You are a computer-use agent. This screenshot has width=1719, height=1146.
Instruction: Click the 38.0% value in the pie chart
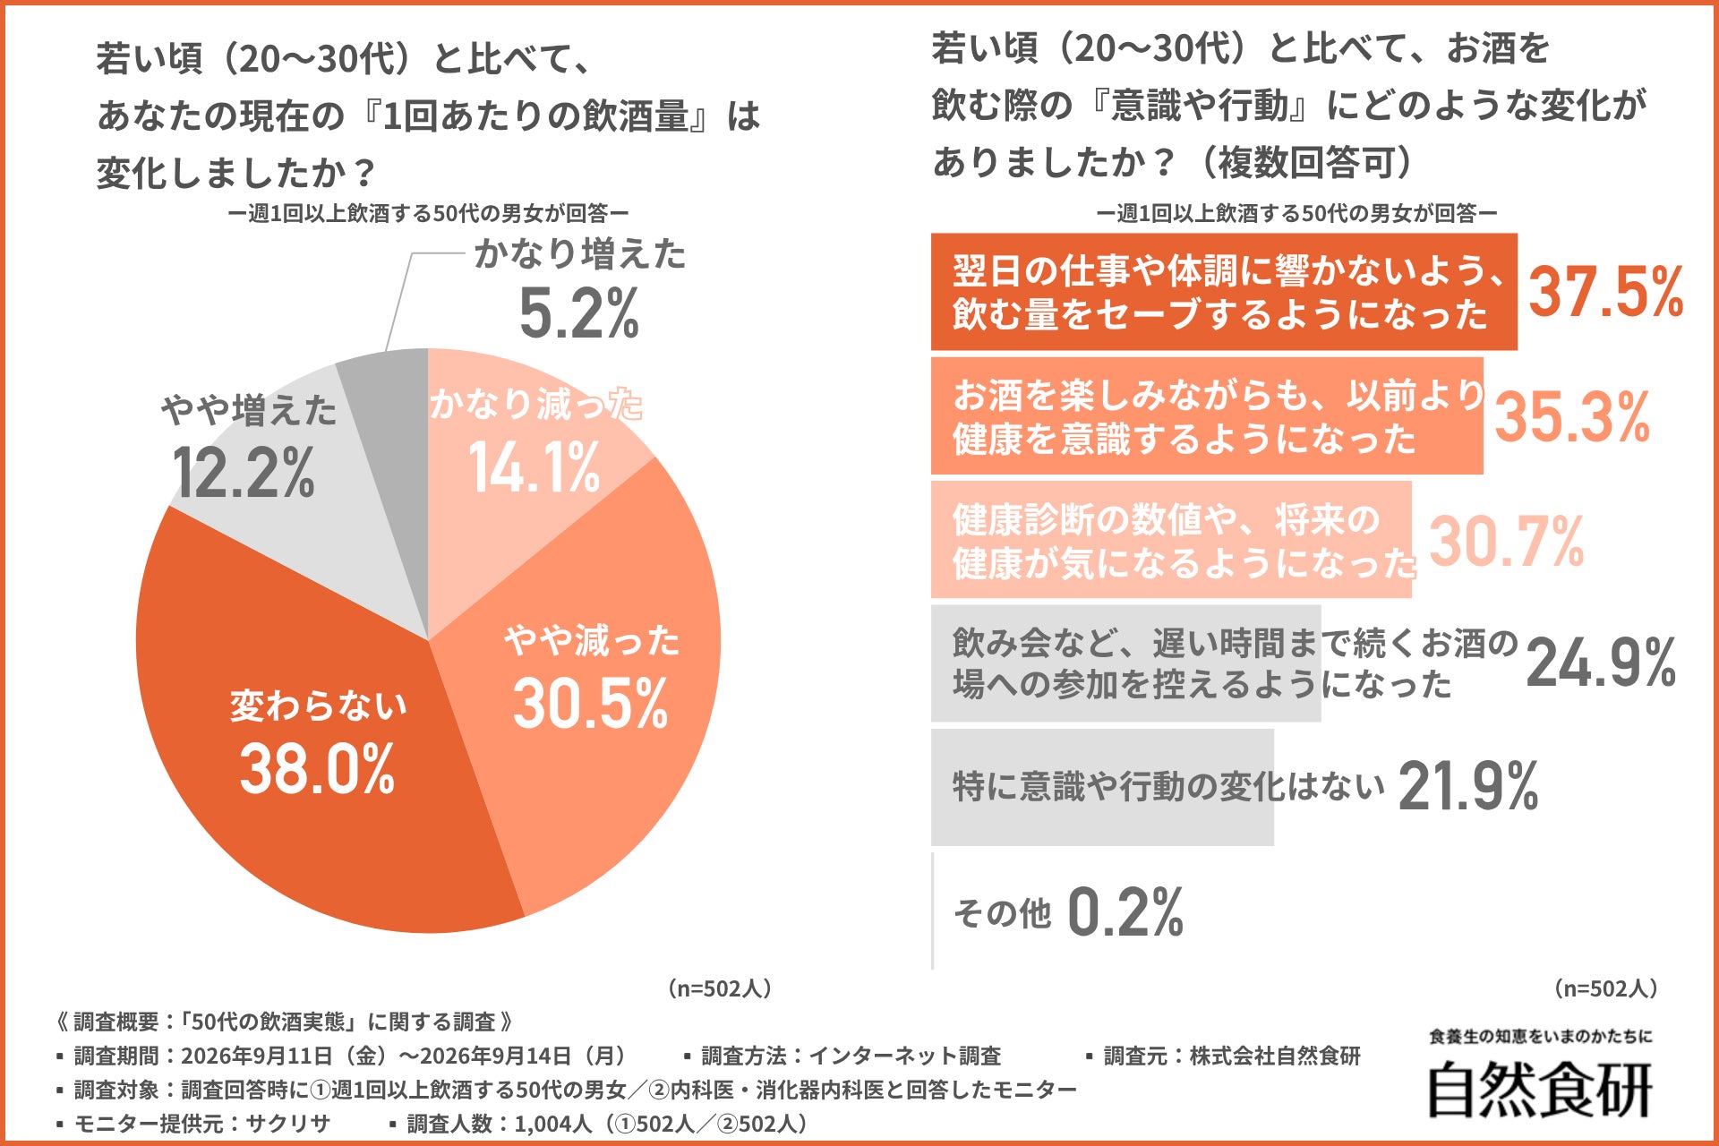317,769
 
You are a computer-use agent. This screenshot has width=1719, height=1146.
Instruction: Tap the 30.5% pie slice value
591,703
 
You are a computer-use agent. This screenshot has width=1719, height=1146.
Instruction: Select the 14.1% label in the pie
535,467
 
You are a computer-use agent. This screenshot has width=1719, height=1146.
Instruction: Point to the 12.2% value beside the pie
243,473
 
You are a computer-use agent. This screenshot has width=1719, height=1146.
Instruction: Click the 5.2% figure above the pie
579,313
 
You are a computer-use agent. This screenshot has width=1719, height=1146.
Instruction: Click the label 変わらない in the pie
319,706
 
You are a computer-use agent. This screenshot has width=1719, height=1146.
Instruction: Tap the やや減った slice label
592,640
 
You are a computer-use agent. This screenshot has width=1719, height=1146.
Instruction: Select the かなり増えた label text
580,254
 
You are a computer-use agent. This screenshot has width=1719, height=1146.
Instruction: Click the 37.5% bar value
1606,292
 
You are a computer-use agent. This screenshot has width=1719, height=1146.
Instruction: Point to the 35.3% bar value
1573,417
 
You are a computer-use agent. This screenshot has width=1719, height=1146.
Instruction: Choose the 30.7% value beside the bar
1507,542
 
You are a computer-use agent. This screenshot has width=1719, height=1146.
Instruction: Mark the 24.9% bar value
1602,663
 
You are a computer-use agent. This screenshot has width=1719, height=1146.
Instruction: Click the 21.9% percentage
1468,786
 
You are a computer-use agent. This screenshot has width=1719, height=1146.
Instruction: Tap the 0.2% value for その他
1126,912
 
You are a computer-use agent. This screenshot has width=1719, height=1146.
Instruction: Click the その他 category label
1002,913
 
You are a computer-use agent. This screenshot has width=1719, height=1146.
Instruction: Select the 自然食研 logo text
1540,1089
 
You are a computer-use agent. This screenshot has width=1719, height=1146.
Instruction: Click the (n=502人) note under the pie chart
719,988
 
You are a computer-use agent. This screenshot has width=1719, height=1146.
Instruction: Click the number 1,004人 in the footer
553,1124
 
